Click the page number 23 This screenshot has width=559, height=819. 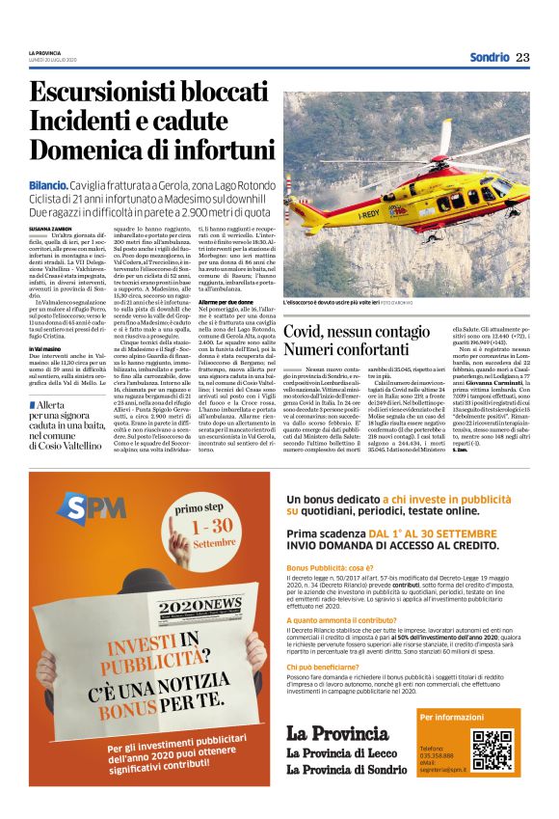coord(522,57)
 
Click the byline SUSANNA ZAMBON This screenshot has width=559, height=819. coord(51,229)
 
